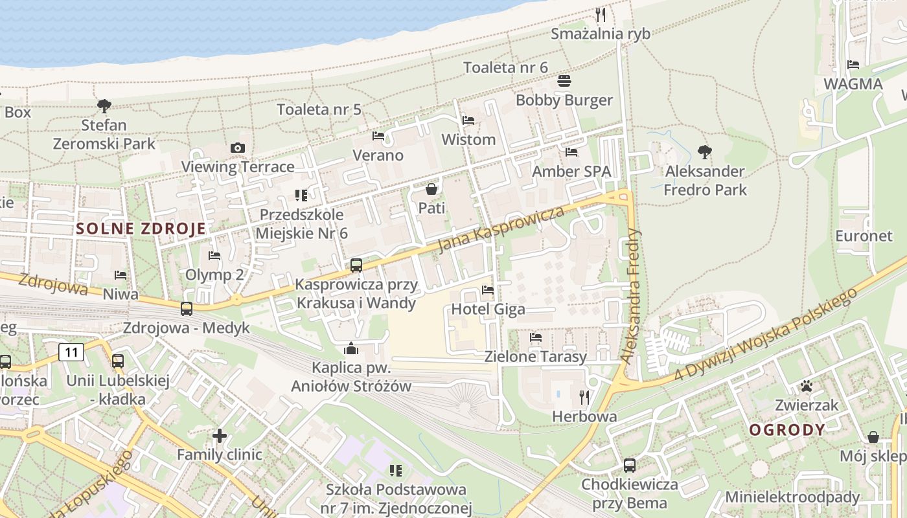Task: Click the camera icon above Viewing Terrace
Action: coord(238,148)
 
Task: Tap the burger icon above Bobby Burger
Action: coord(564,81)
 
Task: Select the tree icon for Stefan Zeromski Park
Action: coord(104,106)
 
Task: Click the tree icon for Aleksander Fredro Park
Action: coord(705,152)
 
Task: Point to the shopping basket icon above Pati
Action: coord(431,189)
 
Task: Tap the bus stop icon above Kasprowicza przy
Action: coord(356,265)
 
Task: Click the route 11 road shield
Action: coord(71,352)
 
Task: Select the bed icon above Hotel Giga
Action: coord(488,290)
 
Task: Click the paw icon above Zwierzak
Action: coord(807,387)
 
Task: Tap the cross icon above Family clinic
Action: coord(220,436)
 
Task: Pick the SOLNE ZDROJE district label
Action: coord(141,228)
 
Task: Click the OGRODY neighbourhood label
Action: coord(787,429)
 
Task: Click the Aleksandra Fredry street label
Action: coord(631,295)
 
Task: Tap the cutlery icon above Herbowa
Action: coord(584,397)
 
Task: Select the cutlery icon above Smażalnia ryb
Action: coord(601,14)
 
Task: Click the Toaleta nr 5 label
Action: coord(319,109)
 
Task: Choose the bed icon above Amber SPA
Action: coord(571,152)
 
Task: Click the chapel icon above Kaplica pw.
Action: coord(351,349)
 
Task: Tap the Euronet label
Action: coord(864,236)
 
